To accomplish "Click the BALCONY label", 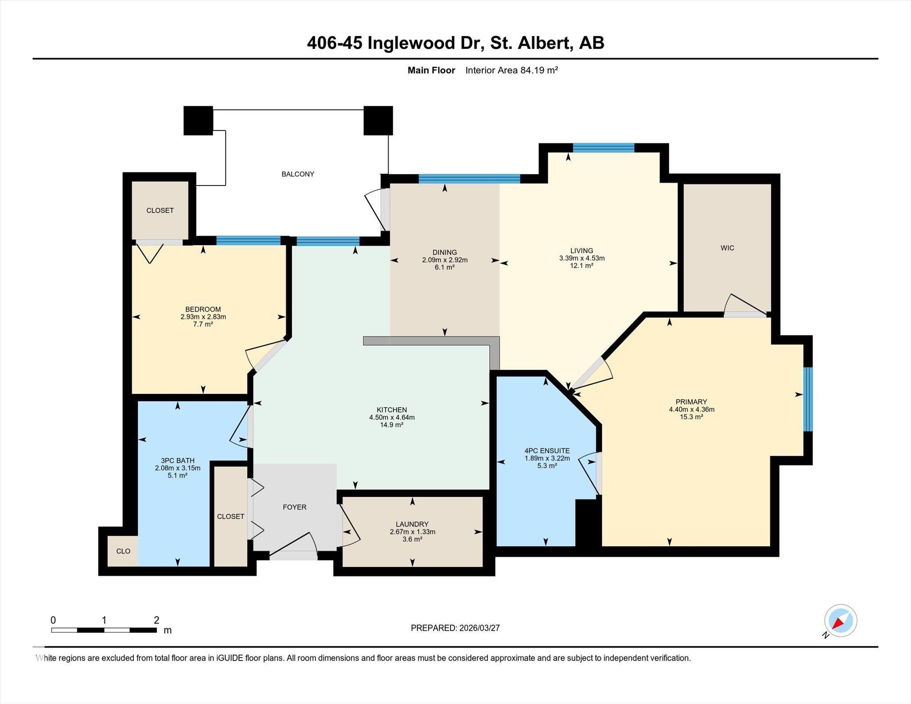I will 298,174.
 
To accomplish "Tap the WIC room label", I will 727,248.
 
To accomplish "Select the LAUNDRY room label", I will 412,524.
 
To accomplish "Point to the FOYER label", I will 294,507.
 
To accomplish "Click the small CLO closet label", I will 123,551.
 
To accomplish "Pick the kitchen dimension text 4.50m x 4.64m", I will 391,417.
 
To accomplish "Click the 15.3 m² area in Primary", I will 691,417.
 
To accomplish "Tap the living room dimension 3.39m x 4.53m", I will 582,258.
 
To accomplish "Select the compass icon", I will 840,620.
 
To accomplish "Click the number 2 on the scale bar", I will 157,620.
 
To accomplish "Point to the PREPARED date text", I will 455,628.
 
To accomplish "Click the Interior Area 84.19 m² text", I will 512,70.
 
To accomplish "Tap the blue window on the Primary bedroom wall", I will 808,399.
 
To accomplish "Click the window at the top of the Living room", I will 603,148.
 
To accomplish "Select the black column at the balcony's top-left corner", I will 198,121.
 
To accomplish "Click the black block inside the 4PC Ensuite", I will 588,523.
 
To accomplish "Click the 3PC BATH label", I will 177,460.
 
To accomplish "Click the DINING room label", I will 444,252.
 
